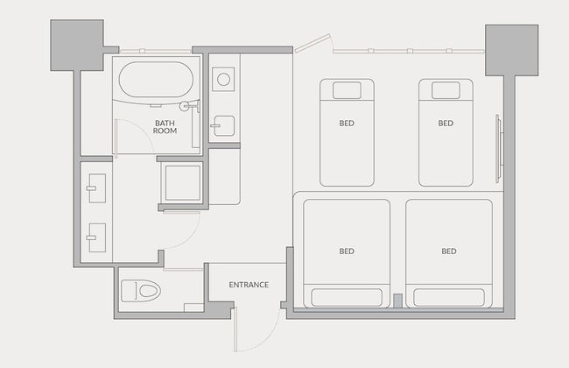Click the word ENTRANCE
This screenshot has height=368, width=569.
(249, 285)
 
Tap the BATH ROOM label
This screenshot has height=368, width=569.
(165, 127)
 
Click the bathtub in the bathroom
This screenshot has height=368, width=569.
(156, 79)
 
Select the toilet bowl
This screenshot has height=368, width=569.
(141, 291)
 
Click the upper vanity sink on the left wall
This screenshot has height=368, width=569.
(97, 188)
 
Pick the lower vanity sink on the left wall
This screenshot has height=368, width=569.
(97, 237)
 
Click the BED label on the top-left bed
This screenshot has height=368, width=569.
(347, 124)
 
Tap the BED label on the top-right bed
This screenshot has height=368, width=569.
(446, 124)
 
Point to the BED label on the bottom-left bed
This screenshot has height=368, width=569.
(347, 251)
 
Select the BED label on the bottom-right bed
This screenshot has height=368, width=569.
(449, 251)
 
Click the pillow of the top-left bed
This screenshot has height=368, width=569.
(347, 90)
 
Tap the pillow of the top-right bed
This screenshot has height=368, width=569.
(446, 90)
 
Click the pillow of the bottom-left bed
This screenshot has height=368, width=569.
(347, 298)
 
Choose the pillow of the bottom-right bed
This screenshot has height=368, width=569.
(449, 298)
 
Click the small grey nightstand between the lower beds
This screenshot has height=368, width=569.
(397, 301)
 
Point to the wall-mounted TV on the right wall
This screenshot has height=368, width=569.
(499, 149)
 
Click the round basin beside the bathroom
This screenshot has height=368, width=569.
(223, 79)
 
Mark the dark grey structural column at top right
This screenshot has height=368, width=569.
(512, 51)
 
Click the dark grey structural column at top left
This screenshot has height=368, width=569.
(77, 45)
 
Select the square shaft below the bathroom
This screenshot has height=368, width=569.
(183, 183)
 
